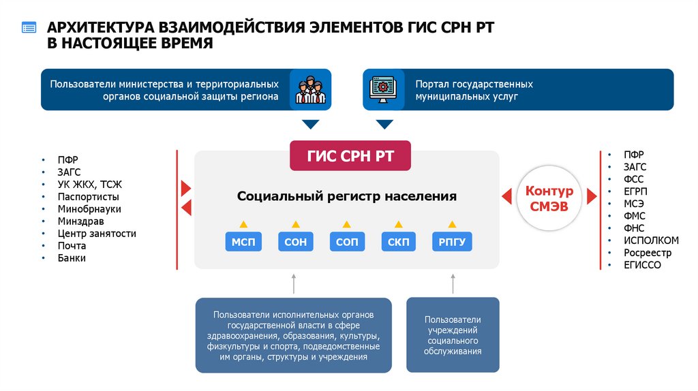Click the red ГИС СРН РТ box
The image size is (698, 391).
pyautogui.click(x=350, y=156)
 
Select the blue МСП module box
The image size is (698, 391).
pyautogui.click(x=243, y=242)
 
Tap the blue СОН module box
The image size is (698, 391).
pyautogui.click(x=295, y=242)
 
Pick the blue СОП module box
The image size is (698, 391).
pyautogui.click(x=346, y=242)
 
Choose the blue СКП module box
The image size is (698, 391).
pyautogui.click(x=398, y=242)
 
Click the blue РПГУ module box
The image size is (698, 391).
pyautogui.click(x=451, y=242)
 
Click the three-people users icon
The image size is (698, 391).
pyautogui.click(x=310, y=89)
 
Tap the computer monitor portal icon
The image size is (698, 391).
pyautogui.click(x=383, y=89)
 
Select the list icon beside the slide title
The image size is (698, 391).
pyautogui.click(x=29, y=28)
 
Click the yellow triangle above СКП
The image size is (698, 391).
pyautogui.click(x=398, y=223)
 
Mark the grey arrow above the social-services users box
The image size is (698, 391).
pyautogui.click(x=453, y=283)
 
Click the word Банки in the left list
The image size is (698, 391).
pyautogui.click(x=72, y=258)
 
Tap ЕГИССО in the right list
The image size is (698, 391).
pyautogui.click(x=642, y=265)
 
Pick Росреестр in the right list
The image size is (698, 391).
pyautogui.click(x=647, y=253)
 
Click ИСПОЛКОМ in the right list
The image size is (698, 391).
pyautogui.click(x=651, y=240)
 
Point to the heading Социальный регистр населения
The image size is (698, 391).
pyautogui.click(x=346, y=196)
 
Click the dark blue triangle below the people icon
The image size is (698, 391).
pyautogui.click(x=310, y=124)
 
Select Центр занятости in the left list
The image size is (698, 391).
pyautogui.click(x=97, y=234)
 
